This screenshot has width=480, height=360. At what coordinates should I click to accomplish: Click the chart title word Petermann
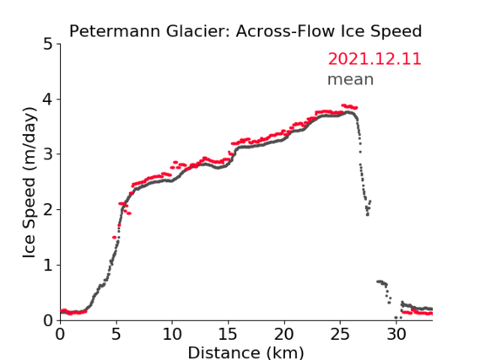pyautogui.click(x=115, y=31)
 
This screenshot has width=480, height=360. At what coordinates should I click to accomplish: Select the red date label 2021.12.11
pyautogui.click(x=375, y=59)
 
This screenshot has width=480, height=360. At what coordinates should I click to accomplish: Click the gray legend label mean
pyautogui.click(x=351, y=79)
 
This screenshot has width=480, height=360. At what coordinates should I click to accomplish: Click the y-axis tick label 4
pyautogui.click(x=48, y=99)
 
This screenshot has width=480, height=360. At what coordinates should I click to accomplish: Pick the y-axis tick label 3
pyautogui.click(x=48, y=154)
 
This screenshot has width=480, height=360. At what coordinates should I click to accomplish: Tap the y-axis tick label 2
pyautogui.click(x=48, y=210)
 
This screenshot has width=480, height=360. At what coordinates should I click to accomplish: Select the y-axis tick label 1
pyautogui.click(x=48, y=266)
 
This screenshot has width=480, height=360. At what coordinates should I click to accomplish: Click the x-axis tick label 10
pyautogui.click(x=172, y=334)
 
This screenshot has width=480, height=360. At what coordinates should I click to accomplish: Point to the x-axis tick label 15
pyautogui.click(x=228, y=334)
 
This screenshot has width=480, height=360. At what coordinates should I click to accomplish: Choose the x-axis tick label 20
pyautogui.click(x=284, y=334)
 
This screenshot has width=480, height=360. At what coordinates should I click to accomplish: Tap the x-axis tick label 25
pyautogui.click(x=340, y=334)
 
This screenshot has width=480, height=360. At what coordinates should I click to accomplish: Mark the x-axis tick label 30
pyautogui.click(x=396, y=334)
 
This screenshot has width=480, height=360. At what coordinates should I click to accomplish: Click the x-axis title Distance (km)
pyautogui.click(x=245, y=352)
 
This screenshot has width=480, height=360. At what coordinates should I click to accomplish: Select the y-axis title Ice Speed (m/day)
pyautogui.click(x=30, y=183)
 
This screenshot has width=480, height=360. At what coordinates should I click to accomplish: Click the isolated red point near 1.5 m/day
pyautogui.click(x=114, y=238)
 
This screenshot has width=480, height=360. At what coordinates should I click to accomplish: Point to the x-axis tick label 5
pyautogui.click(x=116, y=334)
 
